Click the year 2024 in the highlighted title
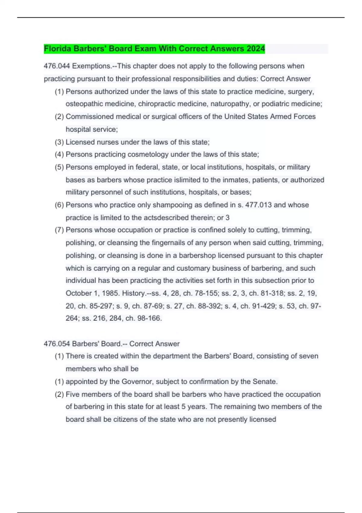point(256,49)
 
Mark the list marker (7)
point(59,230)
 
